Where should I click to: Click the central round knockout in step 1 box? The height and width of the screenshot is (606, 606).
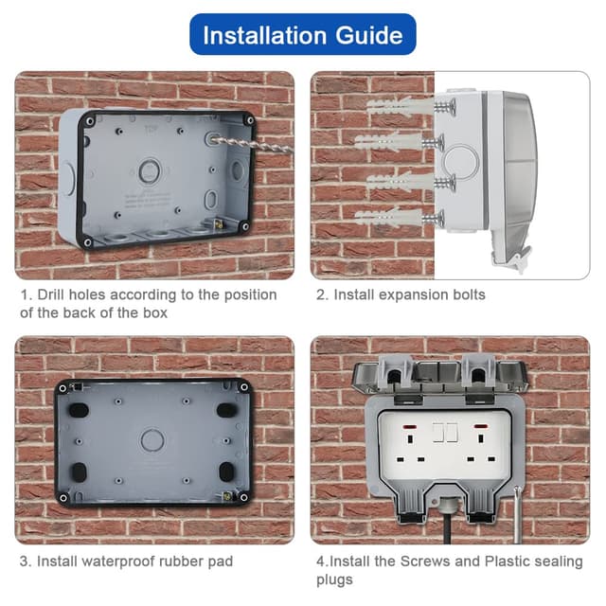coord(151,171)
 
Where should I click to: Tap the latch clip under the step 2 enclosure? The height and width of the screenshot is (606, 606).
coord(516,257)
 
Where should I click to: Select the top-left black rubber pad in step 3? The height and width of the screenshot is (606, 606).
coord(78,410)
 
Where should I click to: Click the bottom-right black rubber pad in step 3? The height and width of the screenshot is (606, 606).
coord(226,471)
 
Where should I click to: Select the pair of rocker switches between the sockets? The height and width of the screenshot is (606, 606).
coord(444,433)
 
